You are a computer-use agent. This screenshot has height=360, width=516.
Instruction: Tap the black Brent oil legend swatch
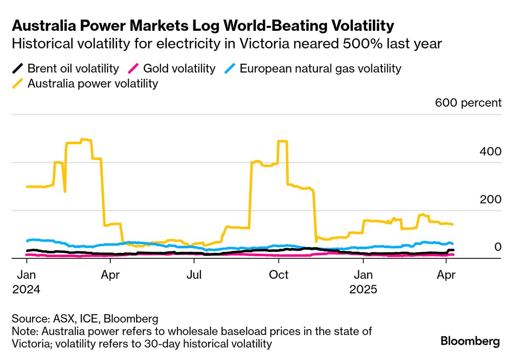(x=18, y=68)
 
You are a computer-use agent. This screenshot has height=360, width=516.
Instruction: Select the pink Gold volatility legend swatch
(x=134, y=68)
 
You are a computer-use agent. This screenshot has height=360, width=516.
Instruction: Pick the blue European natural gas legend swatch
(x=230, y=68)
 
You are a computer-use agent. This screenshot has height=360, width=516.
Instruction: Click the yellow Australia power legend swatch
(x=18, y=83)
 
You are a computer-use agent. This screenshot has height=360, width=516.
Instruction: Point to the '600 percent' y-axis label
(x=468, y=103)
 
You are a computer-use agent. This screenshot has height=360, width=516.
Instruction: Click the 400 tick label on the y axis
(x=490, y=151)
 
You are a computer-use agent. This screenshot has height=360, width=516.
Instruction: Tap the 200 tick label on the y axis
(x=490, y=199)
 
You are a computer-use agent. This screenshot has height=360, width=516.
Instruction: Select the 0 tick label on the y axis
(x=497, y=247)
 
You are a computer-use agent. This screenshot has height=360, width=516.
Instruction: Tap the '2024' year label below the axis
(x=26, y=290)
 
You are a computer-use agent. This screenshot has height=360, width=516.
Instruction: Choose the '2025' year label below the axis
(x=363, y=290)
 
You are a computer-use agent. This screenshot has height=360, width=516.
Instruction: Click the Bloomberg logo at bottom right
(x=470, y=341)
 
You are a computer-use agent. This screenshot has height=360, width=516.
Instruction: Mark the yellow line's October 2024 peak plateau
(x=283, y=142)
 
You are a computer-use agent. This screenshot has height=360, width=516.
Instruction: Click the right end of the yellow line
(x=452, y=224)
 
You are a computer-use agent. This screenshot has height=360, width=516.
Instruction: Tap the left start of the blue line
(x=27, y=241)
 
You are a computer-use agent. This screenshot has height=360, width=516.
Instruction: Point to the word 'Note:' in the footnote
(x=24, y=331)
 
